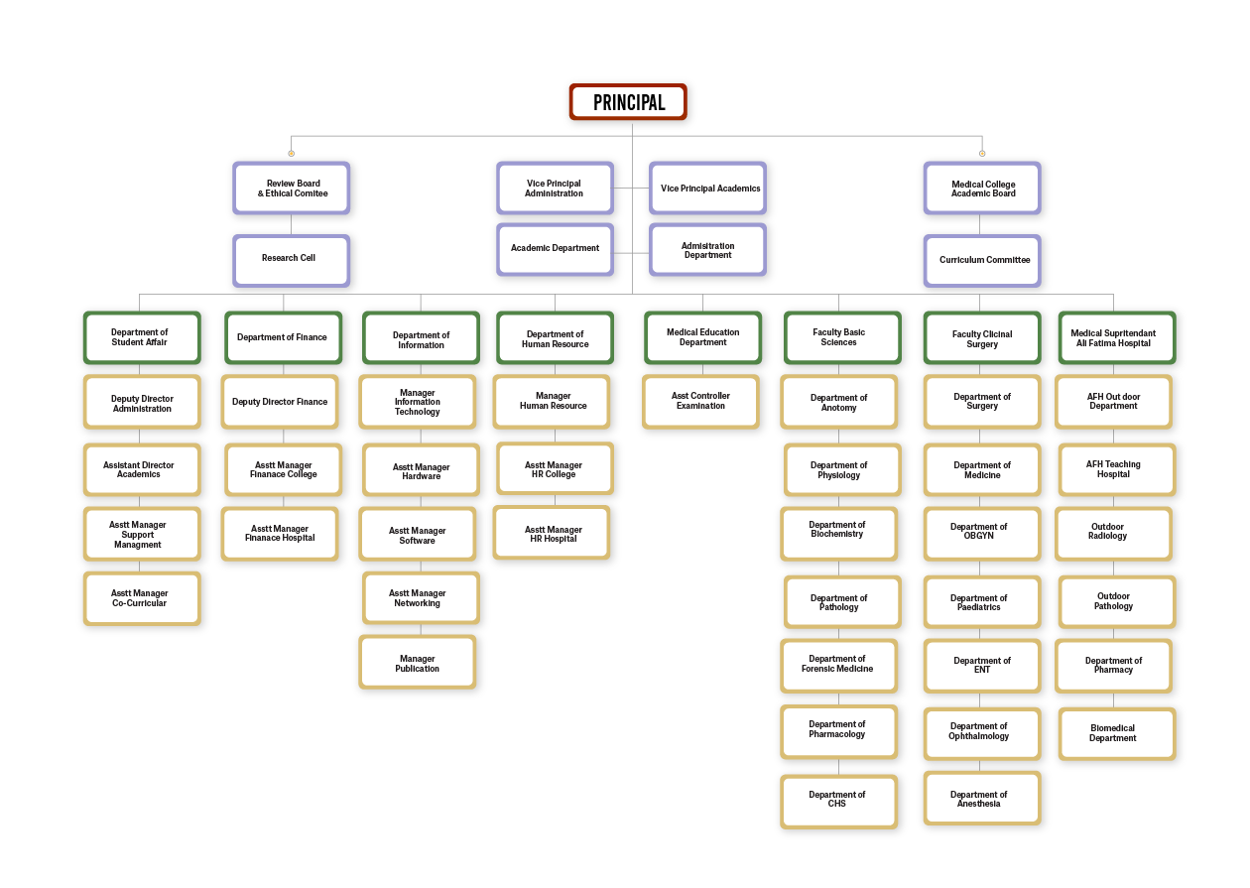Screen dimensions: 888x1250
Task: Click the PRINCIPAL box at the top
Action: click(628, 102)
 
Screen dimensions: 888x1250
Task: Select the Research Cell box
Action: click(290, 259)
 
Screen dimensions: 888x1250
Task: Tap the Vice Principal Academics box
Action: click(709, 189)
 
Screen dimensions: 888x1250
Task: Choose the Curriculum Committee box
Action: click(983, 260)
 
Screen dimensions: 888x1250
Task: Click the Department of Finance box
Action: click(282, 338)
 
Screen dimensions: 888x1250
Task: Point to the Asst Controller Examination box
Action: click(700, 401)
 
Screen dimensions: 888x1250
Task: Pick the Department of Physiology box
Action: click(839, 470)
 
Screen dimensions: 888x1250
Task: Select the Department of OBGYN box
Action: click(979, 531)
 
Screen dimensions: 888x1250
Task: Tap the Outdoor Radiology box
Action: click(1108, 532)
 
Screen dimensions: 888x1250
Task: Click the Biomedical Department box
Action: click(1113, 733)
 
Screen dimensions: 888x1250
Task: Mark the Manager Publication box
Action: click(418, 664)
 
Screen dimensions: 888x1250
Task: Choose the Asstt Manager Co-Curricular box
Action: click(140, 598)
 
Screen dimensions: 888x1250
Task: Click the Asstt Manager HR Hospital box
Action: click(553, 534)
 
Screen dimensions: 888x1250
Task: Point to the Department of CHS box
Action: click(837, 800)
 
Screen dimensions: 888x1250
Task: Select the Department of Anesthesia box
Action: click(979, 800)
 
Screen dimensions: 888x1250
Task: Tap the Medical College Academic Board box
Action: click(983, 189)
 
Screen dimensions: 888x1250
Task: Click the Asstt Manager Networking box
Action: click(418, 598)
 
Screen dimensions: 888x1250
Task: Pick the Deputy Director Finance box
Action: click(280, 402)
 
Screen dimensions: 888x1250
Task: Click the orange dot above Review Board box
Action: click(291, 153)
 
